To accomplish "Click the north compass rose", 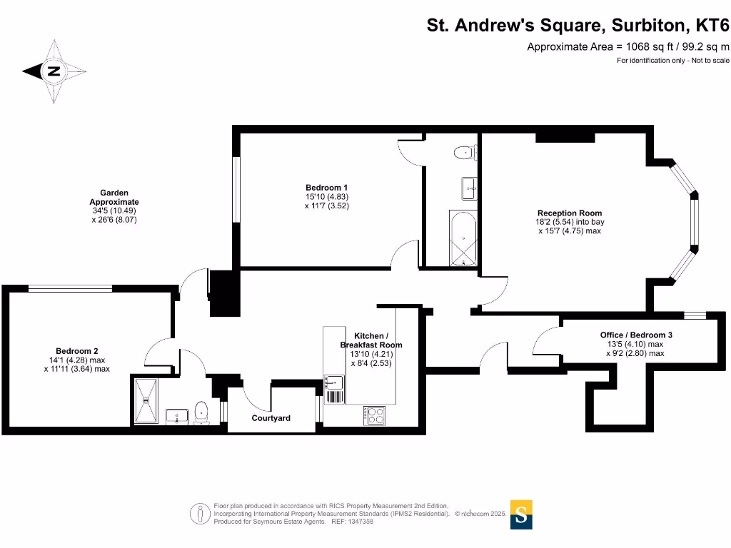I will point(54,71).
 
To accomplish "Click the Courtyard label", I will point(271,418).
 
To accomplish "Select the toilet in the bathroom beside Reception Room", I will point(465,151).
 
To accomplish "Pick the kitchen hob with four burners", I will point(375,414).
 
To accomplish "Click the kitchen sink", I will point(334,388).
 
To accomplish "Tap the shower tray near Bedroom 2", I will point(148,402).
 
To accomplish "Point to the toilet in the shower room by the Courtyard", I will point(202,412).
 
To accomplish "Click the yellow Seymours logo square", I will point(522,515).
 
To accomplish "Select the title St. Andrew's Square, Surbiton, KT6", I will point(578,26).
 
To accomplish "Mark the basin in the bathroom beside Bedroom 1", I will point(469,188).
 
